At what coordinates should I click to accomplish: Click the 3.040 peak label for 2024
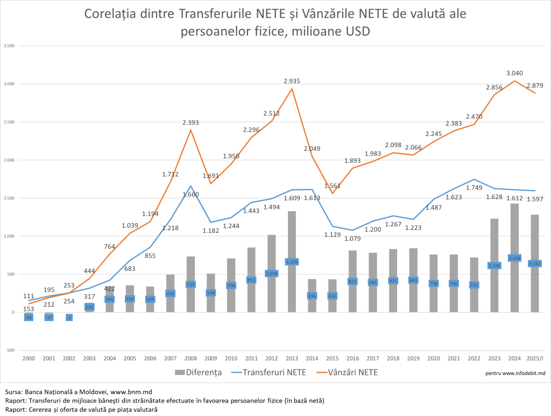(x=514, y=73)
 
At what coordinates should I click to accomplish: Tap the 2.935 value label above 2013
(x=292, y=81)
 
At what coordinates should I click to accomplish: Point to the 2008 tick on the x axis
(x=191, y=358)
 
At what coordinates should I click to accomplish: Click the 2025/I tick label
(x=534, y=358)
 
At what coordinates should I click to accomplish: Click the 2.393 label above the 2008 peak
(x=191, y=122)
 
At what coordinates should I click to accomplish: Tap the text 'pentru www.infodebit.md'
(x=515, y=372)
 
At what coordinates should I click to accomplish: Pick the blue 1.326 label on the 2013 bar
(x=292, y=262)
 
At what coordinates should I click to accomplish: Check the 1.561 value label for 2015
(x=333, y=186)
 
